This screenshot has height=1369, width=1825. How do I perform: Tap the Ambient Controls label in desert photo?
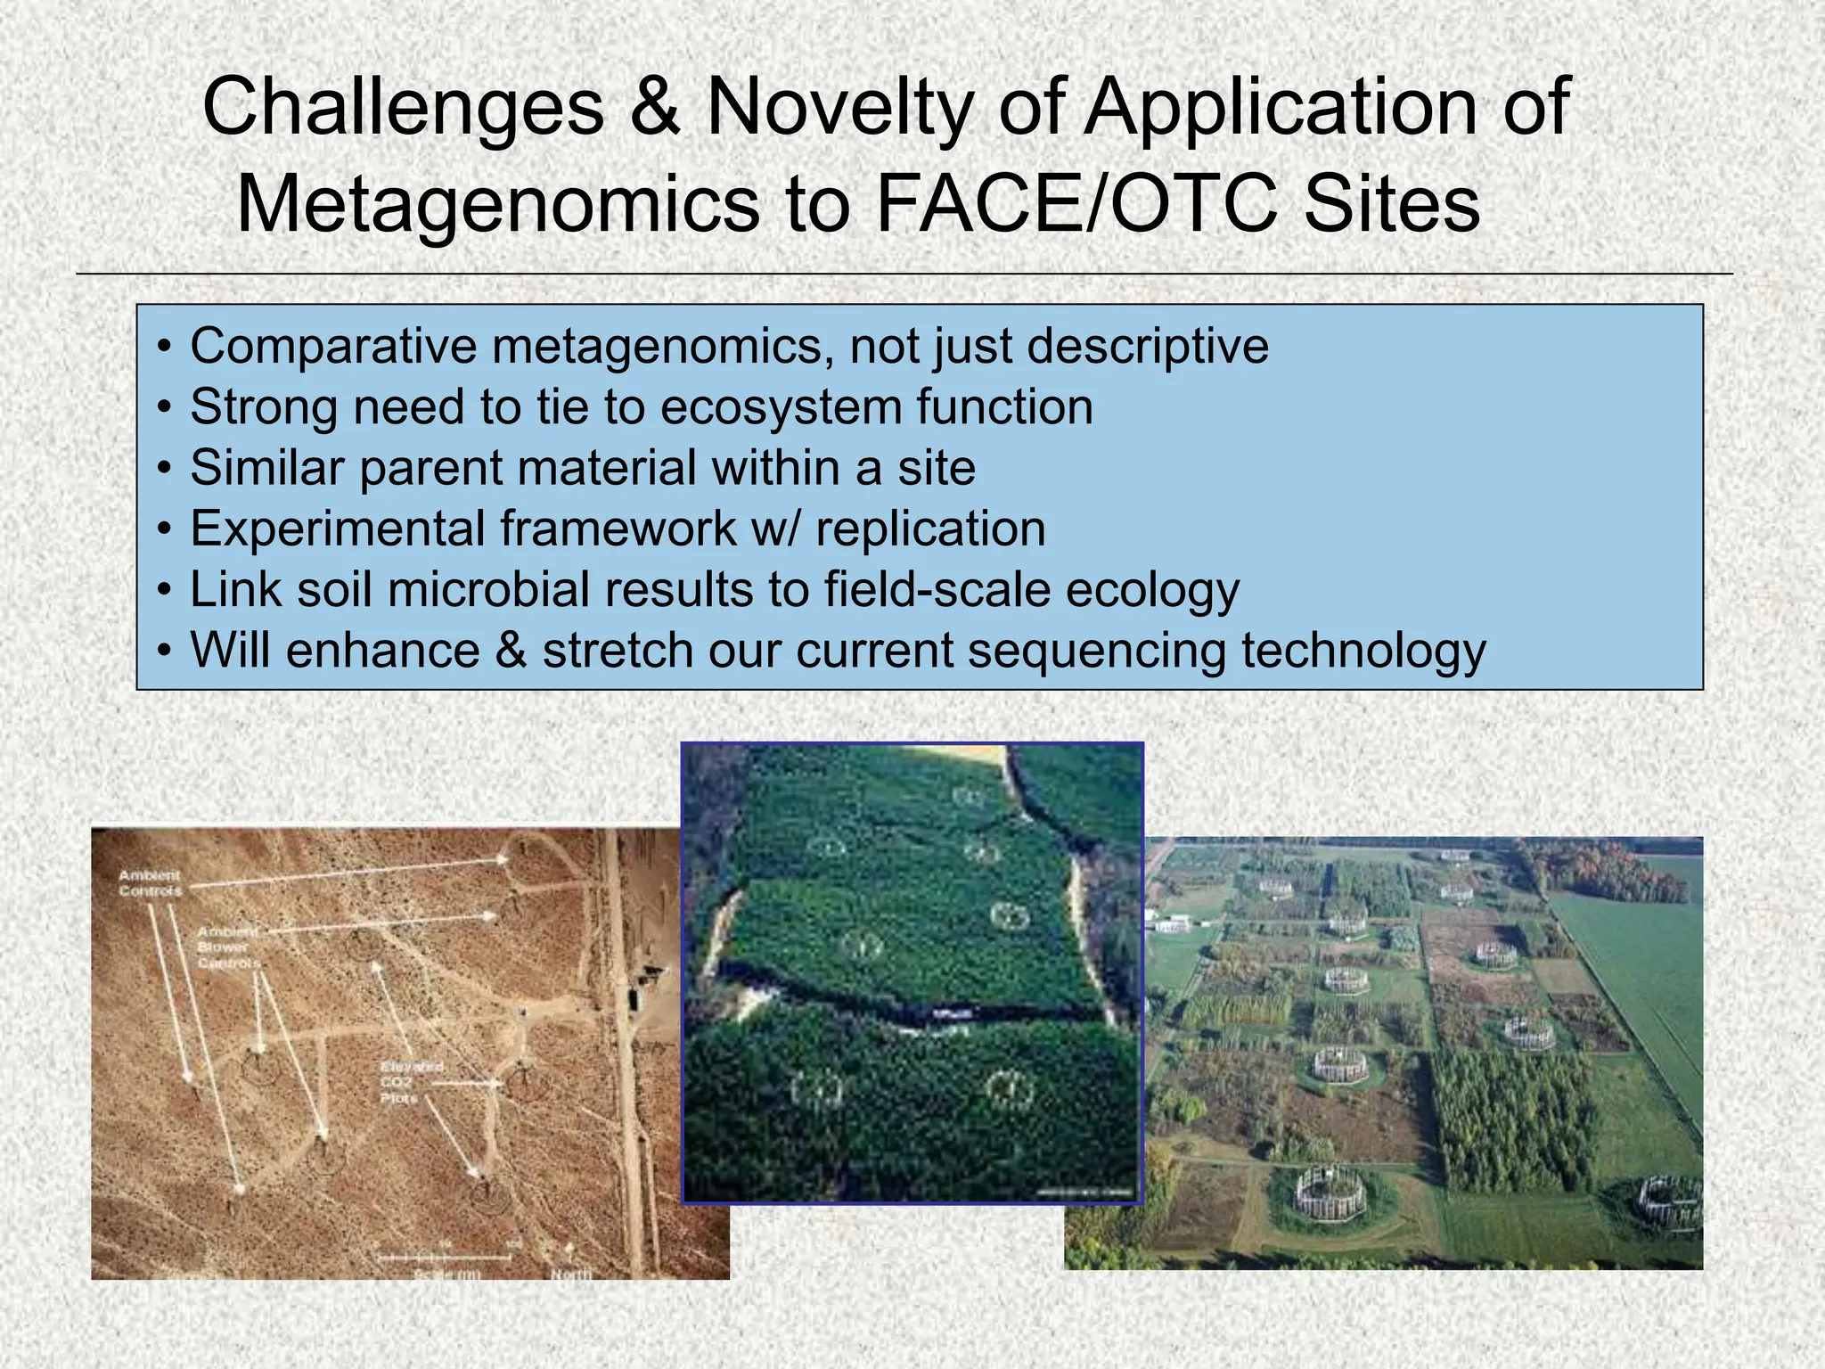pyautogui.click(x=150, y=883)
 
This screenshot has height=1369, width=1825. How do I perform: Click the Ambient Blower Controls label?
pyautogui.click(x=228, y=947)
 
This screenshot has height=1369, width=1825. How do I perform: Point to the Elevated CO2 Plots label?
pyautogui.click(x=411, y=1082)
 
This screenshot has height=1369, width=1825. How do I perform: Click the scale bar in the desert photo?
pyautogui.click(x=444, y=1257)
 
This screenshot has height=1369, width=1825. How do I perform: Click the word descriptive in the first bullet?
pyautogui.click(x=1148, y=346)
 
